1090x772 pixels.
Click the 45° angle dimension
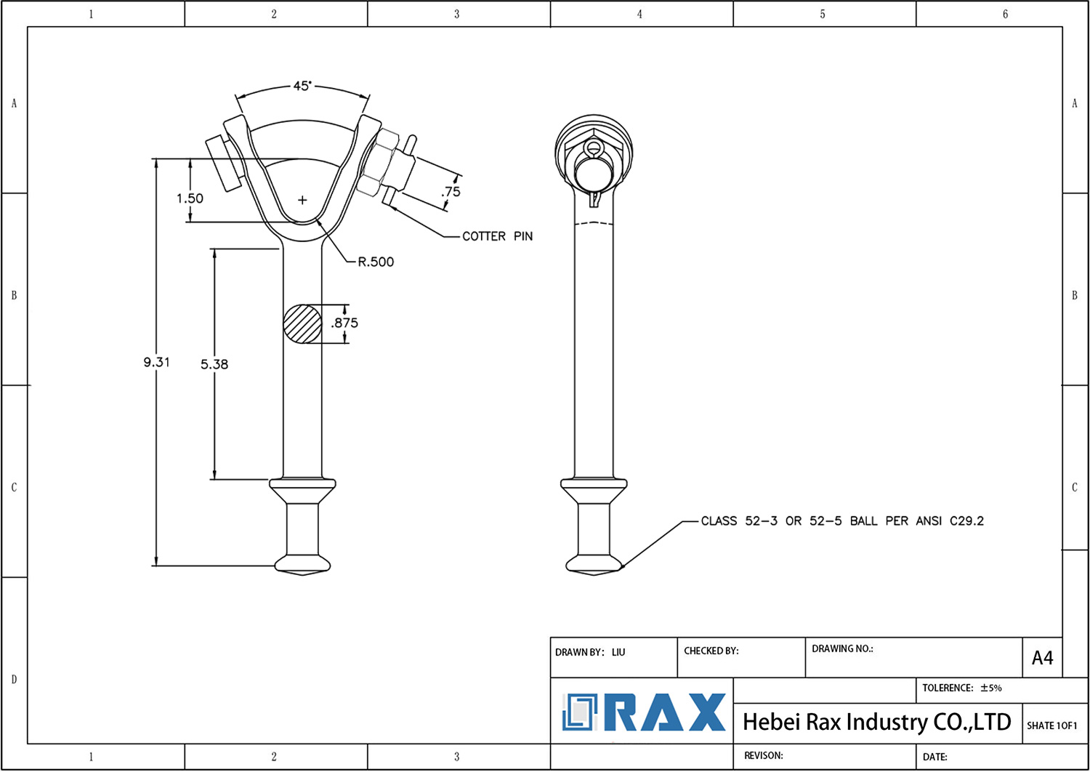tap(302, 86)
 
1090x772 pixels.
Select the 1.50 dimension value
tap(190, 198)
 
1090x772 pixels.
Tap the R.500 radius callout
tap(376, 262)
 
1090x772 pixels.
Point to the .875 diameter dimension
tap(344, 323)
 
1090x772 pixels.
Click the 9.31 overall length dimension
tap(156, 362)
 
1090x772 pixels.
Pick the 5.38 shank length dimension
tap(214, 364)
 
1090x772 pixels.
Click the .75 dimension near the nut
tap(451, 192)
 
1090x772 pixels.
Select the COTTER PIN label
tap(497, 236)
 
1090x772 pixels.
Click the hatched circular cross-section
tap(303, 323)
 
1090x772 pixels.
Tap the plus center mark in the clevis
tap(302, 200)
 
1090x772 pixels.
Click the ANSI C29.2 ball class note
tap(841, 521)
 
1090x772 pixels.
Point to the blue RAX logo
tap(644, 712)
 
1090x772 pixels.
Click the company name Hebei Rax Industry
tap(876, 722)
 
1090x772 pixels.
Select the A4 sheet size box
tap(1042, 658)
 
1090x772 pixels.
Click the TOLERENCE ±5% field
tap(961, 688)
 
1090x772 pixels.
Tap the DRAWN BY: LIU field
tap(590, 652)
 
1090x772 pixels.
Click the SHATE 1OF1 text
tap(1051, 725)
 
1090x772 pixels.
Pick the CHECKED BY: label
tap(711, 651)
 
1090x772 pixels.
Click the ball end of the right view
tap(594, 563)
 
